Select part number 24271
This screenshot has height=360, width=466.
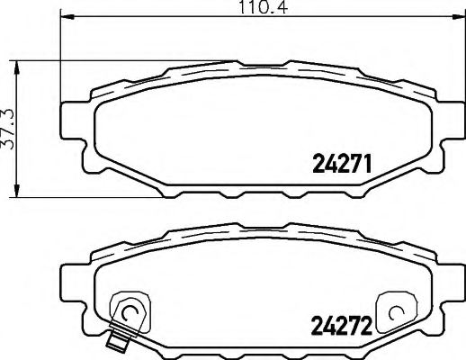(x=342, y=165)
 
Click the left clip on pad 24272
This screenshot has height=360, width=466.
(x=126, y=310)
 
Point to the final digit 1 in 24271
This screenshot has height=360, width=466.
(x=368, y=165)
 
